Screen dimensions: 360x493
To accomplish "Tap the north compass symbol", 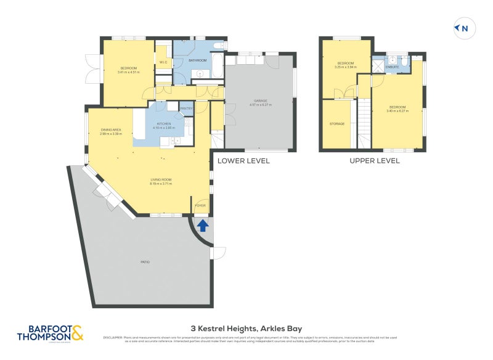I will pos(462,28).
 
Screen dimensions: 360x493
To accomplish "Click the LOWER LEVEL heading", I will pos(243,161).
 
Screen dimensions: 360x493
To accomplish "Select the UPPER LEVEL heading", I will pos(374,161).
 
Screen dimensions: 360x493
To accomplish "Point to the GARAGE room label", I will pos(261,100).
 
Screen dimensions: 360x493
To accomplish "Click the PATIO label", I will pos(145,262).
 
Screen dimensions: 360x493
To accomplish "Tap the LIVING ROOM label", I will pos(161,179).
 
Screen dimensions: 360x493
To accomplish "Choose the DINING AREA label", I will pos(111,129).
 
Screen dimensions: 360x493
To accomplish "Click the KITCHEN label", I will pos(163,124).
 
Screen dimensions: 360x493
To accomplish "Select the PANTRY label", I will pos(186,108).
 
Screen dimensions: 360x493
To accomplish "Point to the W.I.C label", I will pos(163,62).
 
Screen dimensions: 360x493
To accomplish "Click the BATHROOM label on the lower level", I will pos(197,60).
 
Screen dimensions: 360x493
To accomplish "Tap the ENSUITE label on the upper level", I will pos(392,67).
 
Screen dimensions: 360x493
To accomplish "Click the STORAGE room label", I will pos(336,124).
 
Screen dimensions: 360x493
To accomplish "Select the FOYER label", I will pos(201,205).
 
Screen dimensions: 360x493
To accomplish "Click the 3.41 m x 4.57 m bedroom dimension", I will pos(128,72).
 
